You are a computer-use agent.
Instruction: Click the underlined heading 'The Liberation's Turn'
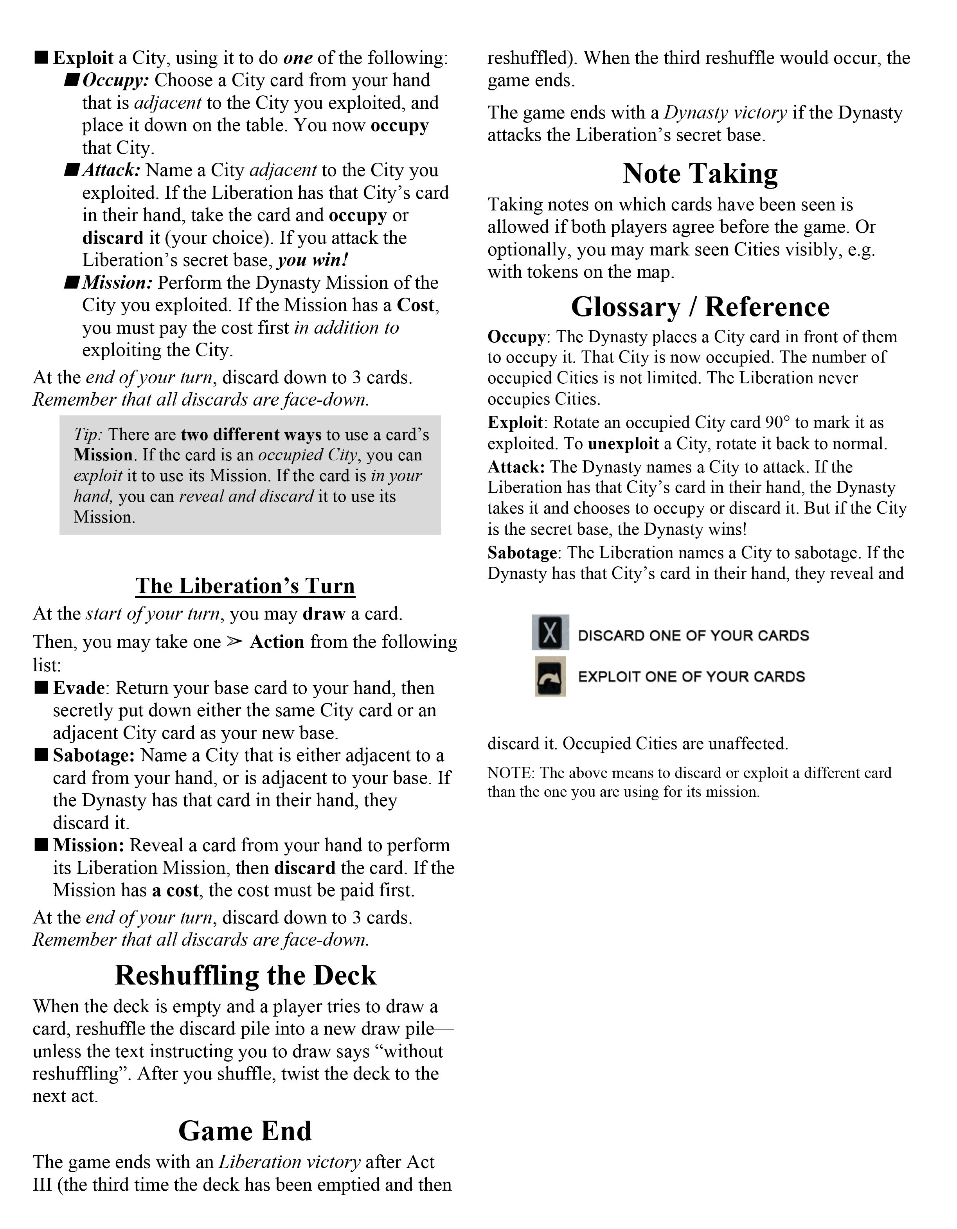[245, 586]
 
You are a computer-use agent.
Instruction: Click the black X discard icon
[550, 632]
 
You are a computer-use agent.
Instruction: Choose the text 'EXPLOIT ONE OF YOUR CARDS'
[691, 676]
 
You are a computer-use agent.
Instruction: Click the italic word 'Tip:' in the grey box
[88, 435]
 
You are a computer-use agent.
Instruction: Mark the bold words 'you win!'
[313, 260]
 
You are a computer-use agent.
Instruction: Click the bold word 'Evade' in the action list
[79, 688]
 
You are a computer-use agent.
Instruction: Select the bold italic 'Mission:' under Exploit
[117, 282]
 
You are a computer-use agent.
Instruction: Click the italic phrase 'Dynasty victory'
[725, 113]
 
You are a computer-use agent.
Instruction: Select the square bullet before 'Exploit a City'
[41, 57]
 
